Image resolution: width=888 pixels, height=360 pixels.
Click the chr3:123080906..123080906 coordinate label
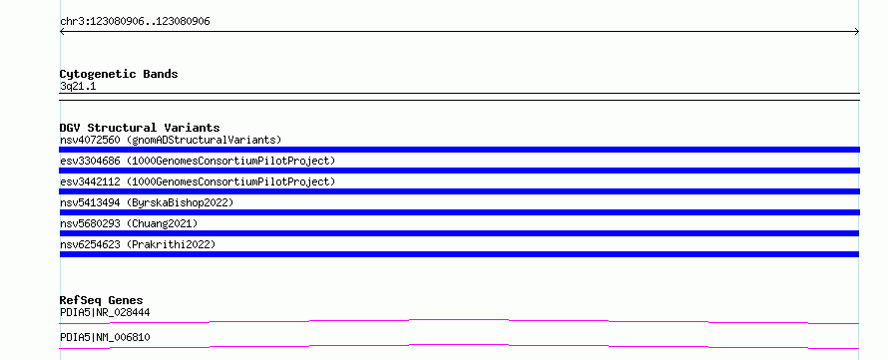135,22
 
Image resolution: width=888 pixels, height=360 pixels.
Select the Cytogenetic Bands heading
119,74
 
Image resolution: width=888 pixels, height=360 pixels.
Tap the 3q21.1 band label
78,87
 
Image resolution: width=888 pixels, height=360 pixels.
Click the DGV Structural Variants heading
140,128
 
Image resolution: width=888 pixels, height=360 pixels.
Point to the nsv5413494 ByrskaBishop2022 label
147,202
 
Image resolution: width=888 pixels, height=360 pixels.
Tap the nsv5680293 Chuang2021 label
129,223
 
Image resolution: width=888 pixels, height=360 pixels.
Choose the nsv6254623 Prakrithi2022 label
138,244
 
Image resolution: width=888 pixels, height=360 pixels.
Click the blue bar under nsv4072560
459,150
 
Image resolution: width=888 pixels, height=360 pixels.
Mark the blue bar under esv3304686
459,171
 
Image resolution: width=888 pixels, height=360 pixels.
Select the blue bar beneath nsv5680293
459,233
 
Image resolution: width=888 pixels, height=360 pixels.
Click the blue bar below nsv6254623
459,254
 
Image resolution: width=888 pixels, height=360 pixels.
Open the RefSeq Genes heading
102,300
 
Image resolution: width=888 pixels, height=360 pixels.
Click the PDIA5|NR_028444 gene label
105,312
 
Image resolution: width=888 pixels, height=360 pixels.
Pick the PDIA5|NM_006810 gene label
105,337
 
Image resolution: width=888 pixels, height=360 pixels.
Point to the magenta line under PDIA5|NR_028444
459,321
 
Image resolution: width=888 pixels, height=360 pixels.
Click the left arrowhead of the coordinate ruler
61,32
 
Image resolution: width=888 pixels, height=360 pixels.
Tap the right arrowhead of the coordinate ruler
858,32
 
